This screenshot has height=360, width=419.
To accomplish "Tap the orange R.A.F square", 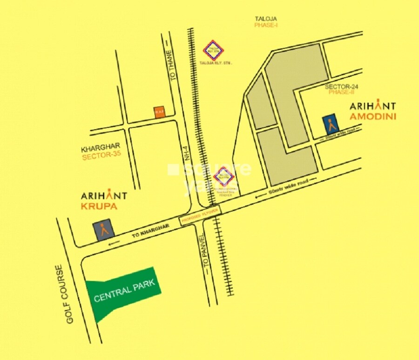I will point(159,112).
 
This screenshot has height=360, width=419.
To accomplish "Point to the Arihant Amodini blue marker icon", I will point(331,124).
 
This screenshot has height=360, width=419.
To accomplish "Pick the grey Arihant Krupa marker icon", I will point(103,229).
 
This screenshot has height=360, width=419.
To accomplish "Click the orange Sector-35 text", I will point(101,157).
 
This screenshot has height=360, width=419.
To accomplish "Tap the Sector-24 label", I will point(341,87).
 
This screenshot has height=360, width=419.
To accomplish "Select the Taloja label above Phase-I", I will point(266,19).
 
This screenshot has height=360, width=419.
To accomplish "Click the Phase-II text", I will point(342,93).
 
